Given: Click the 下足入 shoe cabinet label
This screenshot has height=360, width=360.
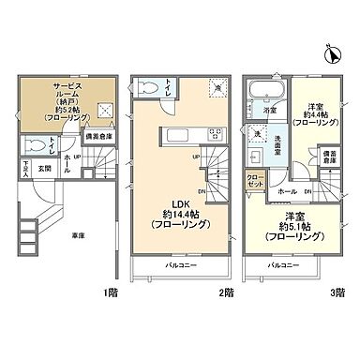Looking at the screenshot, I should [x=26, y=172].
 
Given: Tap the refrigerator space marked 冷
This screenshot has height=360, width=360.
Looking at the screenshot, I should [x=217, y=87].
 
